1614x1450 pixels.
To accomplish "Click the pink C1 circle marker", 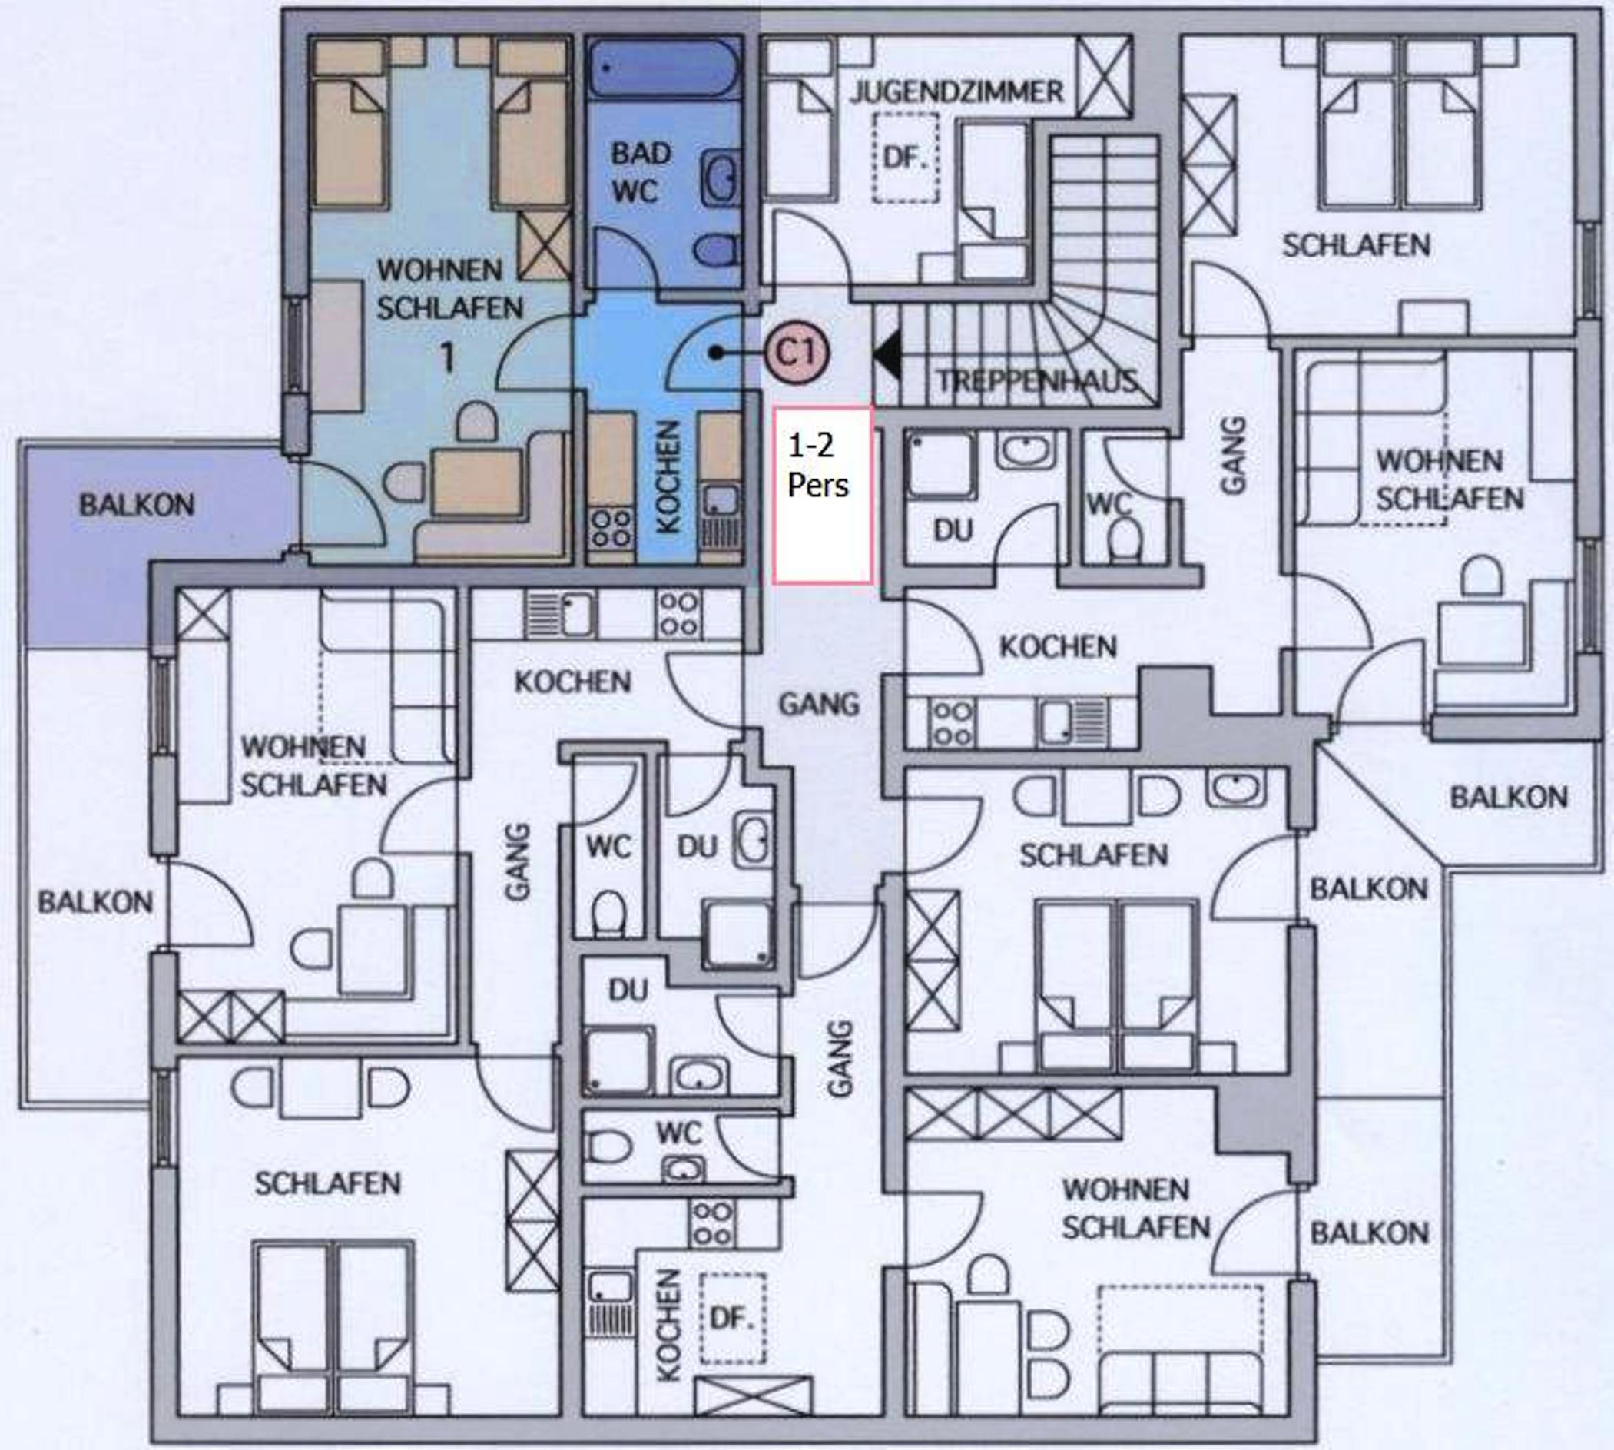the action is (x=797, y=352).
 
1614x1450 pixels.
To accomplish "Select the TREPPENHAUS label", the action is (x=1035, y=381).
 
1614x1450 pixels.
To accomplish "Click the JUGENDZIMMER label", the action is (x=956, y=91).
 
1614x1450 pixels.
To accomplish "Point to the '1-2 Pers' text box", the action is (x=823, y=495).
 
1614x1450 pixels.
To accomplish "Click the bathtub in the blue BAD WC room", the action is (x=664, y=69).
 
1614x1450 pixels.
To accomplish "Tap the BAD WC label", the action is (x=641, y=172).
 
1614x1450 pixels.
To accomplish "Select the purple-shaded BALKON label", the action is (x=137, y=504).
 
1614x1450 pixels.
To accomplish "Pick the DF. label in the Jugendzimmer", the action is (x=904, y=157).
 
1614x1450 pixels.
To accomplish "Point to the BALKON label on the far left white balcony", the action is (x=95, y=902).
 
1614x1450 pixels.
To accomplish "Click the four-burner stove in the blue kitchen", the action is (x=611, y=528).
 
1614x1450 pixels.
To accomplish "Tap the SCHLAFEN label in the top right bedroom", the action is (x=1356, y=244).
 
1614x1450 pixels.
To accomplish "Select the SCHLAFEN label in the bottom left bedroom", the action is (x=328, y=1183).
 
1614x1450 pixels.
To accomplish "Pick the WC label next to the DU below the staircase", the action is (x=1110, y=503).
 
